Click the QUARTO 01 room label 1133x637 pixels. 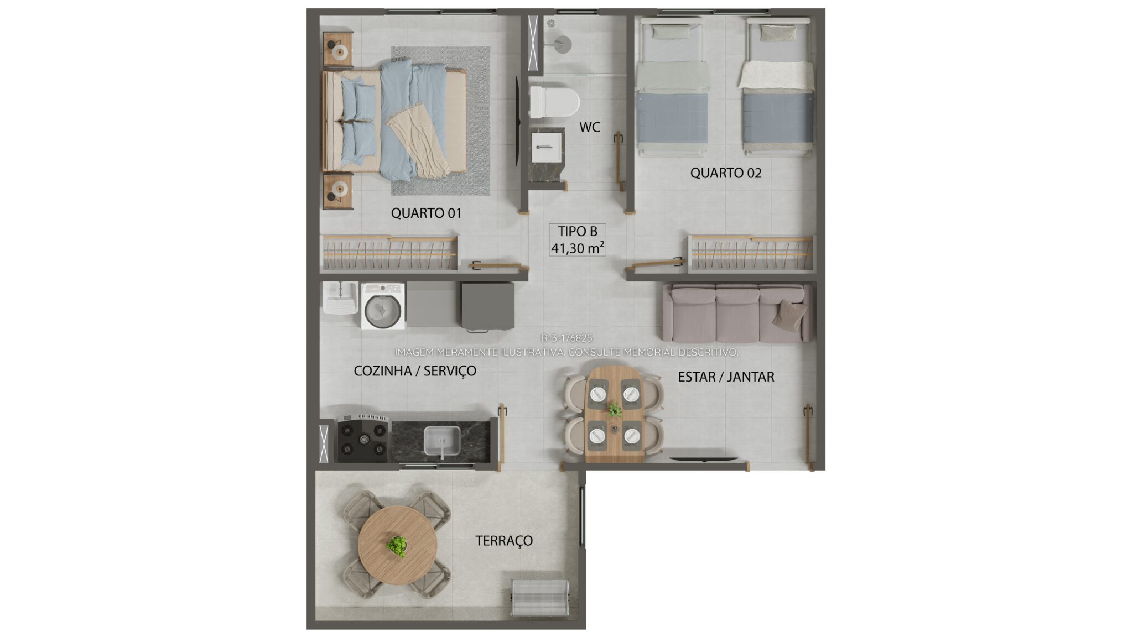click(x=426, y=213)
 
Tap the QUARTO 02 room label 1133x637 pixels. click(x=726, y=173)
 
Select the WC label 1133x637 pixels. click(x=590, y=127)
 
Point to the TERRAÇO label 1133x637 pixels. click(x=504, y=541)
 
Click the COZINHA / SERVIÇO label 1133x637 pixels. click(x=415, y=370)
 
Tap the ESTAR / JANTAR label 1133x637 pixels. click(x=726, y=377)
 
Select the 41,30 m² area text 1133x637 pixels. click(x=578, y=248)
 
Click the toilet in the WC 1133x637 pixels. click(x=554, y=102)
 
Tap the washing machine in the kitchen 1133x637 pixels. click(x=383, y=306)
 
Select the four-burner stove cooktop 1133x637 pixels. click(x=363, y=438)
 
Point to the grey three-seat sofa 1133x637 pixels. click(x=737, y=313)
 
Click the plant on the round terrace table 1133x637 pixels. click(x=397, y=545)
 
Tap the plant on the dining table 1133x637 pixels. click(x=614, y=410)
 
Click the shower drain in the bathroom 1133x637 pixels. click(x=551, y=23)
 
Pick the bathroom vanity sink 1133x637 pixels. click(x=547, y=147)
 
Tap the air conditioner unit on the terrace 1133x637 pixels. click(x=539, y=597)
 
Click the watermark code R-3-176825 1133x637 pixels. click(x=566, y=338)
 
